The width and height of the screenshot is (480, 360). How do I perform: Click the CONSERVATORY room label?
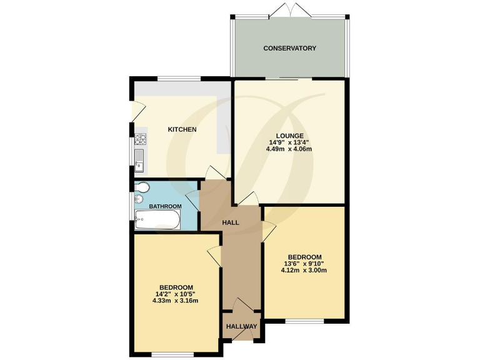tap(289, 48)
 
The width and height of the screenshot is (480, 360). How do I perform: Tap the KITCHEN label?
tap(182, 129)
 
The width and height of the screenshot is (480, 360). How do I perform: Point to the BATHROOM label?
tap(165, 206)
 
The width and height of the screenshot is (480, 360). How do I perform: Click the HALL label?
tap(231, 222)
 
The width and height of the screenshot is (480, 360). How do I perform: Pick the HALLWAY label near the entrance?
tap(241, 326)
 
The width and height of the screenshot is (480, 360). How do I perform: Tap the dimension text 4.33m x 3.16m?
tap(175, 301)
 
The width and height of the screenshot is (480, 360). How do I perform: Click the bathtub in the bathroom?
tap(158, 219)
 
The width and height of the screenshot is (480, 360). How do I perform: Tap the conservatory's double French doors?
tap(289, 11)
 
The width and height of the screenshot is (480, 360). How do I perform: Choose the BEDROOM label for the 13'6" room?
tap(304, 257)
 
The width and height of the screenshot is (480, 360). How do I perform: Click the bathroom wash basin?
tap(139, 199)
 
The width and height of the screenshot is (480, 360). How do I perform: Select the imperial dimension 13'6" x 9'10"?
tap(304, 264)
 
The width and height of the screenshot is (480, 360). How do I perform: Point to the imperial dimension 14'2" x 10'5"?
tap(175, 294)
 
